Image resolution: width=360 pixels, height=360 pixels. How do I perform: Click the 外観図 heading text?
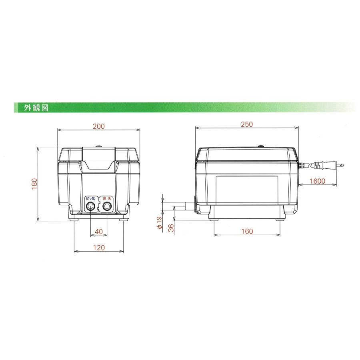[36, 108]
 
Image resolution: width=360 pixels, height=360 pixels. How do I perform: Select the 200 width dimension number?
[99, 126]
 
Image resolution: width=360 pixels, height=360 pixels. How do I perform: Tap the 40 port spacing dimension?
[99, 232]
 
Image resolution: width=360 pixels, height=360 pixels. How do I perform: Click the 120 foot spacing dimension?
[99, 248]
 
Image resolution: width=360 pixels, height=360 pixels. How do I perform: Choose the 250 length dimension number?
[247, 124]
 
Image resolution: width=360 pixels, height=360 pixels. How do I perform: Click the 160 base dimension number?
[247, 232]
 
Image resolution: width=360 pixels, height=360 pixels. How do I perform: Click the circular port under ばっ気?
[91, 206]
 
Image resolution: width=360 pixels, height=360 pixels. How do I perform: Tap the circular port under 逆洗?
[106, 206]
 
